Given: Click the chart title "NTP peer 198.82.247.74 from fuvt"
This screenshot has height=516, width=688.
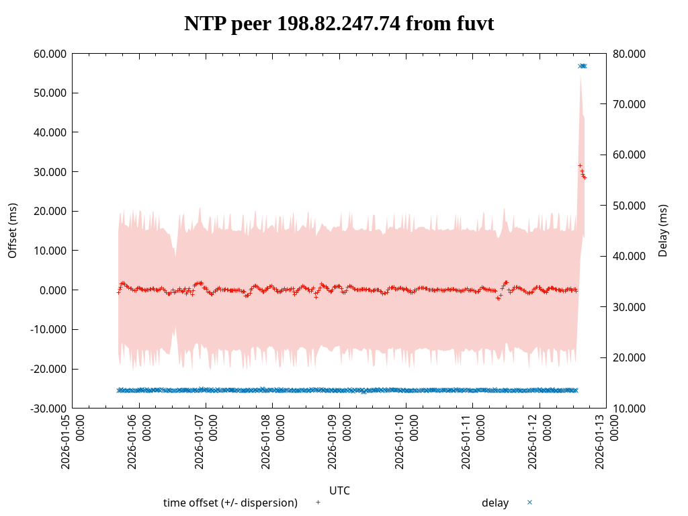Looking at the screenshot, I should pos(339,24).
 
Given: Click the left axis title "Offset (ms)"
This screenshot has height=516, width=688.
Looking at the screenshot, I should pos(12,230).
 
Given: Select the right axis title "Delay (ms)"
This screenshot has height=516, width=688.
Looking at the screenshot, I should pos(663,230).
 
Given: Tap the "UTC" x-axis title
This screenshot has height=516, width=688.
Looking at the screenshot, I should pos(339,490).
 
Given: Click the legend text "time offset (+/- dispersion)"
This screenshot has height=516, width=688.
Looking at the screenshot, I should pos(230,503).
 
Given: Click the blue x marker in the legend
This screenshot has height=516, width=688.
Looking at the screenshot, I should pos(529,502).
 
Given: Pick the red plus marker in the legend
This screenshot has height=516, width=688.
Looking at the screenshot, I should pos(318,502).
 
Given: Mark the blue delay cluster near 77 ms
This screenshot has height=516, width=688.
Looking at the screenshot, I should pos(583,66).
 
